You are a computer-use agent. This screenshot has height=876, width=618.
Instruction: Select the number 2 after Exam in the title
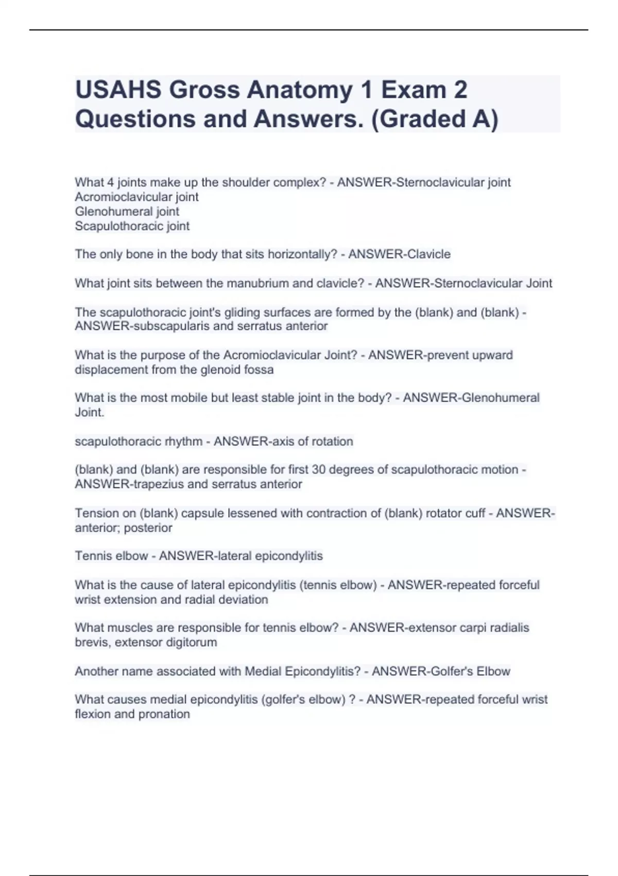[x=460, y=90]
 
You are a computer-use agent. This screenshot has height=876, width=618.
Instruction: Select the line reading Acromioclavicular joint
[x=136, y=197]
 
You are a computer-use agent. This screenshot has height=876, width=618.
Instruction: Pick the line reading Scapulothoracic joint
[x=132, y=226]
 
